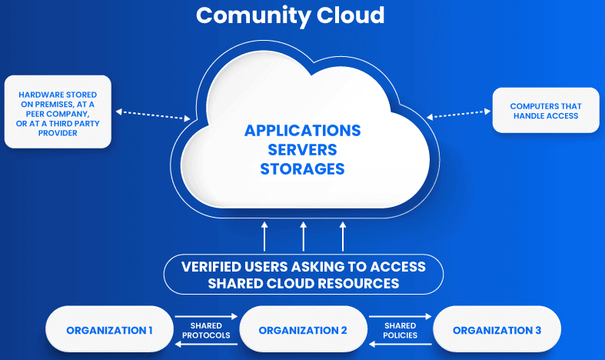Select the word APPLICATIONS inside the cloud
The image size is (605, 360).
(302, 130)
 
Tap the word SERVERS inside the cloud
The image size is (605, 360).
(302, 149)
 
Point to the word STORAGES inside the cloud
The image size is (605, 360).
(302, 168)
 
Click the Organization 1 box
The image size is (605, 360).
(109, 330)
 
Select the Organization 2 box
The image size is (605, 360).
(303, 330)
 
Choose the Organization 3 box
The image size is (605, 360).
(497, 330)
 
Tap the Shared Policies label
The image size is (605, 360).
(400, 330)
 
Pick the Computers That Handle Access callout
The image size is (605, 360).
(545, 111)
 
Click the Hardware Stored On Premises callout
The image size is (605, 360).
(58, 112)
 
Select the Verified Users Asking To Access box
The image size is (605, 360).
(303, 275)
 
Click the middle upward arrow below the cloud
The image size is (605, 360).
(304, 236)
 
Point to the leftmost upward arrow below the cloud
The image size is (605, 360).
(264, 236)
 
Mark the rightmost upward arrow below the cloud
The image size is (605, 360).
(342, 236)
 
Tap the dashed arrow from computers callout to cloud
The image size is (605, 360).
(458, 115)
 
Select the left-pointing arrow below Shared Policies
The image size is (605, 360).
(400, 345)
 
